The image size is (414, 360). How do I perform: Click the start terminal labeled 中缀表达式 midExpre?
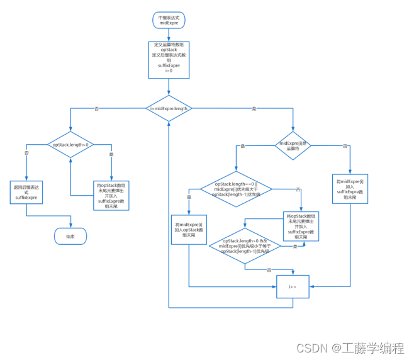coord(169,20)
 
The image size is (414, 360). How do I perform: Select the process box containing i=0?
coord(169,60)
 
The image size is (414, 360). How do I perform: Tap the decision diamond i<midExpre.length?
coord(169,108)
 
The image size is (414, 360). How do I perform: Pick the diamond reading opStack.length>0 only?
coord(70,145)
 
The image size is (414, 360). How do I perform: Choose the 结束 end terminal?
coord(70,236)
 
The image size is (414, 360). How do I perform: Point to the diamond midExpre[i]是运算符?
coord(293,145)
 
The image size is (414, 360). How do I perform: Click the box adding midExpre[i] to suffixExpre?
coord(350,189)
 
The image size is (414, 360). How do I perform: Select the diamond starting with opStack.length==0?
coord(236,189)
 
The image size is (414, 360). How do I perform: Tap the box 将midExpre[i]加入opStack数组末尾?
coord(189,230)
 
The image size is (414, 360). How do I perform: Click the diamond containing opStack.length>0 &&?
coord(245,245)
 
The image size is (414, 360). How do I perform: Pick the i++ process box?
coord(293,286)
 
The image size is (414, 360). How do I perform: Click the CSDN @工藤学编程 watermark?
coord(350,347)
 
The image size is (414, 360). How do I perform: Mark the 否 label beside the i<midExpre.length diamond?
coord(96,109)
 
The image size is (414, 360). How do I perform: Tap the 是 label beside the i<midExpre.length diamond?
coord(254,109)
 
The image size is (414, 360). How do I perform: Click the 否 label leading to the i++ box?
coord(269,269)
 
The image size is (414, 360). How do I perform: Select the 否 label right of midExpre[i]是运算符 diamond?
coord(345,146)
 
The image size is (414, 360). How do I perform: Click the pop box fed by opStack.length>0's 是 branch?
coord(111,195)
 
